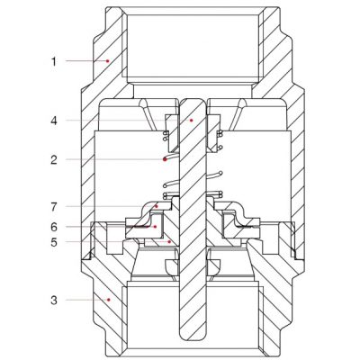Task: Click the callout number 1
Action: coord(54,61)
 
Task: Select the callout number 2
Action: coord(54,159)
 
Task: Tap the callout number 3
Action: coord(54,300)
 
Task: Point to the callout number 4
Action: coord(54,121)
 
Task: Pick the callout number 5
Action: coord(54,242)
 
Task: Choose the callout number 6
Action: coord(54,227)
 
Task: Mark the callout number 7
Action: coord(54,207)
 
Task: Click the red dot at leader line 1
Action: coord(108,61)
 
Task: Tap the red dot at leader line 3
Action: coord(109,300)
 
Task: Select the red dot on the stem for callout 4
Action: coord(191,121)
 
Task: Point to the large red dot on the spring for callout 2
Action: coord(165,159)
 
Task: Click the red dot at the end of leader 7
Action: coord(157,206)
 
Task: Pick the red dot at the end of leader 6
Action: coord(155,227)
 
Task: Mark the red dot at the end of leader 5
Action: coord(169,241)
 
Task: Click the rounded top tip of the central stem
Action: coord(193,98)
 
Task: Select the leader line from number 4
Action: coord(129,121)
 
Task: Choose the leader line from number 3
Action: coord(87,300)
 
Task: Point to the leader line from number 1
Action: coord(86,61)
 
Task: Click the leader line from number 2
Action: coord(115,159)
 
